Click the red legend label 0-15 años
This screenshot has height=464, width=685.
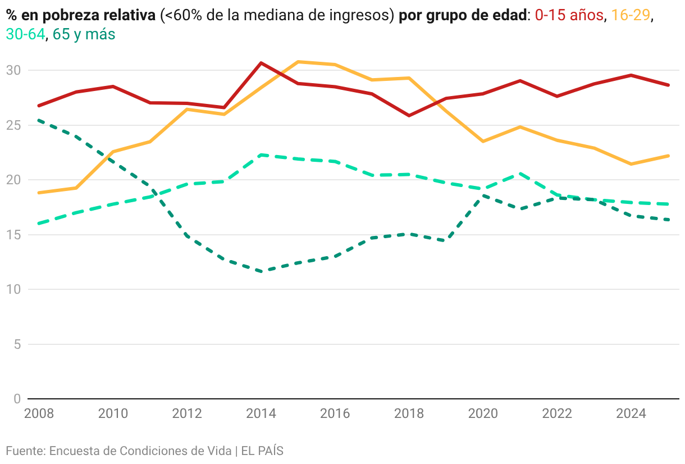pyautogui.click(x=569, y=15)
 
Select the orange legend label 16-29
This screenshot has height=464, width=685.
pyautogui.click(x=631, y=15)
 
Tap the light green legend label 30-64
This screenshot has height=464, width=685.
pyautogui.click(x=25, y=34)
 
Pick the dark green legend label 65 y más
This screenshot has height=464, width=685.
pyautogui.click(x=84, y=34)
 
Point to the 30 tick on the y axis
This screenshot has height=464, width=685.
pyautogui.click(x=13, y=71)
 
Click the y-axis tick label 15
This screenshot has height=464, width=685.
pyautogui.click(x=13, y=235)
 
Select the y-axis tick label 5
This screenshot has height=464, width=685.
pyautogui.click(x=17, y=344)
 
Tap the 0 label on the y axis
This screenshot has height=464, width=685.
pyautogui.click(x=17, y=399)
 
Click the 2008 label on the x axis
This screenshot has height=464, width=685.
pyautogui.click(x=39, y=414)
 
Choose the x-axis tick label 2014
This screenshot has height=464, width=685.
pyautogui.click(x=261, y=414)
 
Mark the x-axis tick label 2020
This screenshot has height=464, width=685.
pyautogui.click(x=483, y=414)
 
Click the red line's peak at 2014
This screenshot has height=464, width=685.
pyautogui.click(x=261, y=63)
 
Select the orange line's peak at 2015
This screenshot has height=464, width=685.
pyautogui.click(x=298, y=61)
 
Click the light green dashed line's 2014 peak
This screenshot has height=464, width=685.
pyautogui.click(x=261, y=154)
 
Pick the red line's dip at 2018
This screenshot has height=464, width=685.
pyautogui.click(x=409, y=115)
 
